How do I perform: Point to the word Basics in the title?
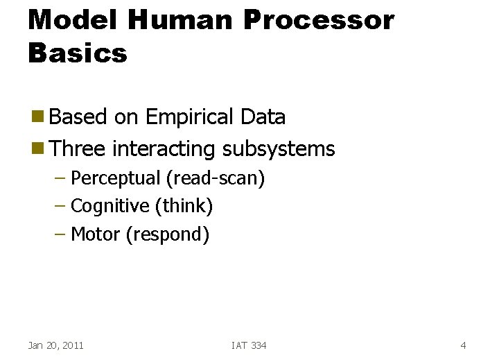tap(78, 53)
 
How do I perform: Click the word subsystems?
tap(278, 148)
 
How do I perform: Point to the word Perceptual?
tap(116, 178)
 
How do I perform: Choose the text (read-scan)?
tap(215, 178)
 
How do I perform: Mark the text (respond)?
tap(167, 234)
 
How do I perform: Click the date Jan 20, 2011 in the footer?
tap(55, 345)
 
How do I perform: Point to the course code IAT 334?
tap(249, 345)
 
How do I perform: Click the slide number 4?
tap(463, 345)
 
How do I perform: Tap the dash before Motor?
tap(60, 234)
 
